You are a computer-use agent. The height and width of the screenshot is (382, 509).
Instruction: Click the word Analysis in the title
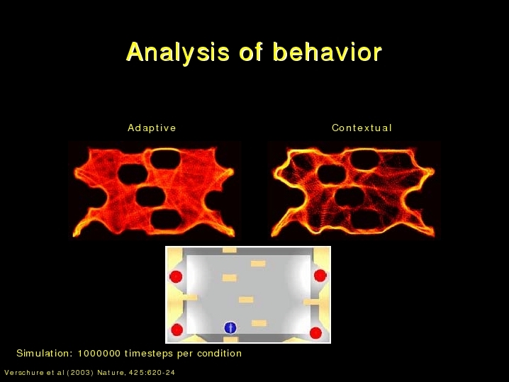tap(178, 52)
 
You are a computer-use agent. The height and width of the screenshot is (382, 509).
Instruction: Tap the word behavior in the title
tap(328, 51)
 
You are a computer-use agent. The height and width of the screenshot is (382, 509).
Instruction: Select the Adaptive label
tap(152, 128)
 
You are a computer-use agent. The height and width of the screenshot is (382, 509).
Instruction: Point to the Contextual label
tap(362, 128)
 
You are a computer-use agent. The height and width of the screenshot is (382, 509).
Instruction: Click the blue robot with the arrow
tap(230, 327)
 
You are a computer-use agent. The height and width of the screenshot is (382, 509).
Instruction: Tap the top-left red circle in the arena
tap(176, 277)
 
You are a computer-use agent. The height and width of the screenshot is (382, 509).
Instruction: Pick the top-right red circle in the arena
tap(320, 276)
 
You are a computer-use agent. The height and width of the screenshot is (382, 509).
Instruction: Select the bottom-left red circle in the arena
tap(177, 330)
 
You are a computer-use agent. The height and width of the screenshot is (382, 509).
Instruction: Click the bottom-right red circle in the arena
tap(315, 332)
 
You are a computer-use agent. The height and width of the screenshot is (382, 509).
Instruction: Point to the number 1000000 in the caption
tap(99, 353)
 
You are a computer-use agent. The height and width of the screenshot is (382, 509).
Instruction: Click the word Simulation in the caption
tap(45, 353)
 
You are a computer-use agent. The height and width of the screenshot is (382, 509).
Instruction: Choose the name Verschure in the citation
tap(24, 373)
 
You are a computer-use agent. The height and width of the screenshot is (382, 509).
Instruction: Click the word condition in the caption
tap(220, 353)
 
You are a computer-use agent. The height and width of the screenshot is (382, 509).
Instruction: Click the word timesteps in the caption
tap(149, 354)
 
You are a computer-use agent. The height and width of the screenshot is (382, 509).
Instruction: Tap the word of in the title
tap(251, 52)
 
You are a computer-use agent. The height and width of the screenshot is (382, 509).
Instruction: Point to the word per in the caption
tap(185, 354)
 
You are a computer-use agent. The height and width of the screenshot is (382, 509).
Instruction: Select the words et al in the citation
tap(55, 373)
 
